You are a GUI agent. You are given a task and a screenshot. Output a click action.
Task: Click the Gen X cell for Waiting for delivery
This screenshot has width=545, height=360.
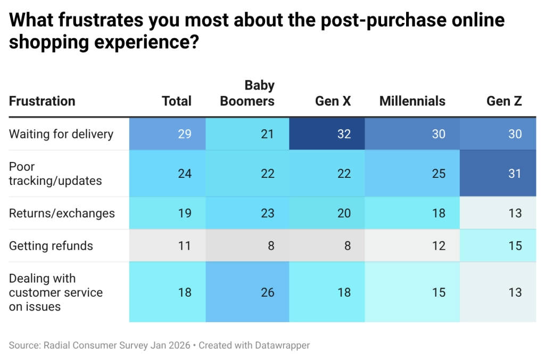pyautogui.click(x=327, y=134)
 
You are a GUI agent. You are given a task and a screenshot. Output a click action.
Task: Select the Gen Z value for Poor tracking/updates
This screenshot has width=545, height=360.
pyautogui.click(x=498, y=174)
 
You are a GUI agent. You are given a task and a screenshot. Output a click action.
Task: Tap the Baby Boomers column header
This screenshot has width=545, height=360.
pyautogui.click(x=247, y=93)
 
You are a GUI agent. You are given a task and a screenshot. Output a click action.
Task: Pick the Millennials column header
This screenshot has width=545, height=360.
pyautogui.click(x=412, y=101)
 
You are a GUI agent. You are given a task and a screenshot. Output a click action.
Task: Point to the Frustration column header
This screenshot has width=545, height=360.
pyautogui.click(x=42, y=101)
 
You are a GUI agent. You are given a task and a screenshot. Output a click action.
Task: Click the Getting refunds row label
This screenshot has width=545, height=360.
pyautogui.click(x=51, y=246)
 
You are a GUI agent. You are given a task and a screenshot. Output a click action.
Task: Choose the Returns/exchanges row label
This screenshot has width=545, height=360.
pyautogui.click(x=62, y=213)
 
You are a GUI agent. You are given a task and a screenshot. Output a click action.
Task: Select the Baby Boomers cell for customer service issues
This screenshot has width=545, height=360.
pyautogui.click(x=247, y=292)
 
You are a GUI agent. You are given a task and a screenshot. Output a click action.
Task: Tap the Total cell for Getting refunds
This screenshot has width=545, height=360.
pyautogui.click(x=167, y=246)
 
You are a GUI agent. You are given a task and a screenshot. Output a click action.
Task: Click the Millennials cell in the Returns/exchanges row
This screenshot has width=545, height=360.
pyautogui.click(x=412, y=213)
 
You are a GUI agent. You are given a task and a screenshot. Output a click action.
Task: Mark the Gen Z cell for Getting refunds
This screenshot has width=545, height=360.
pyautogui.click(x=498, y=246)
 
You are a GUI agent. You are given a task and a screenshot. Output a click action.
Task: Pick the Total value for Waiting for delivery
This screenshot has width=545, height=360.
pyautogui.click(x=167, y=134)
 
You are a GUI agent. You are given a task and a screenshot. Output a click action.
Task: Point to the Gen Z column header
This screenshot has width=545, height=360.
pyautogui.click(x=504, y=101)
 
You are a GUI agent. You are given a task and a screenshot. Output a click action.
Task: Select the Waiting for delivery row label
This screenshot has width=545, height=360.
pyautogui.click(x=61, y=134)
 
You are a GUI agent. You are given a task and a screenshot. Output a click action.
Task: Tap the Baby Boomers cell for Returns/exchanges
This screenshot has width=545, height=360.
pyautogui.click(x=247, y=213)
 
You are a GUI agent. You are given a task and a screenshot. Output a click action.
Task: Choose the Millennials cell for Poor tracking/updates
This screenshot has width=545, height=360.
pyautogui.click(x=412, y=174)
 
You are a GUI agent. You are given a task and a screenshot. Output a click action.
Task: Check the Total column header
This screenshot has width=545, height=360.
pyautogui.click(x=177, y=101)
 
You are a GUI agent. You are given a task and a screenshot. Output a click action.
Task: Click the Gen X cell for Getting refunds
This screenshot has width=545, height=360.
pyautogui.click(x=327, y=246)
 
